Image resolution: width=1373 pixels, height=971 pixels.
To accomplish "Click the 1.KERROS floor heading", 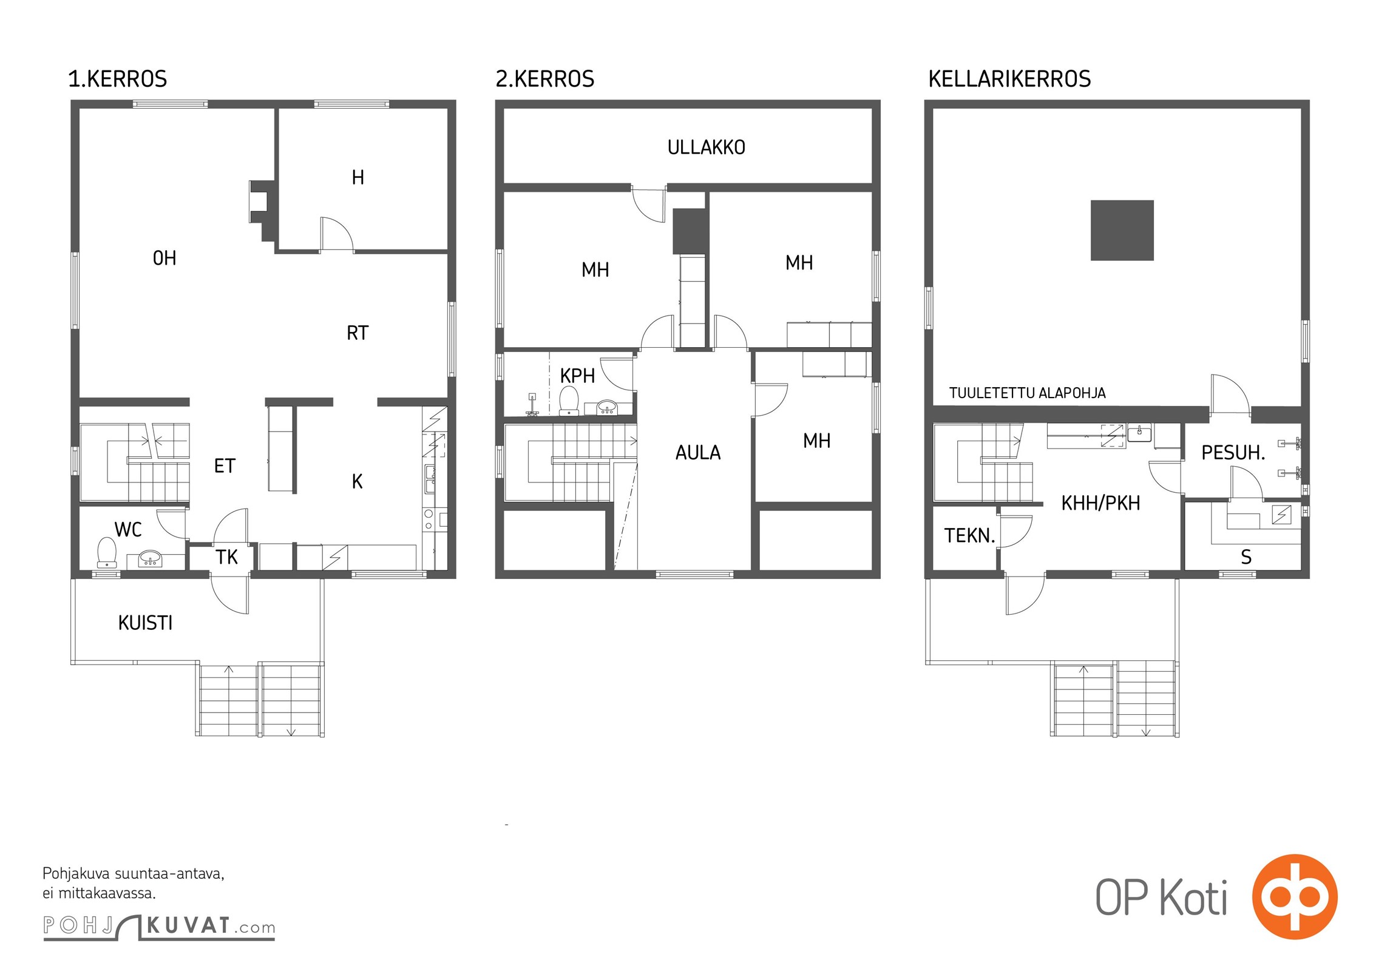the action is pyautogui.click(x=117, y=79).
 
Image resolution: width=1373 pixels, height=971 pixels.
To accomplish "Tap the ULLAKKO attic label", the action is pyautogui.click(x=706, y=147).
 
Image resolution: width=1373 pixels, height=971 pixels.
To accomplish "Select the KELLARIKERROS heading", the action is pyautogui.click(x=1009, y=79).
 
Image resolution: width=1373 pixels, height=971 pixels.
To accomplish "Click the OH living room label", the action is pyautogui.click(x=164, y=259).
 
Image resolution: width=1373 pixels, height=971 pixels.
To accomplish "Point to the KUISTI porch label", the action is pyautogui.click(x=146, y=623).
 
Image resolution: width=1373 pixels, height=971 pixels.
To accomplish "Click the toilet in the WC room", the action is pyautogui.click(x=107, y=552).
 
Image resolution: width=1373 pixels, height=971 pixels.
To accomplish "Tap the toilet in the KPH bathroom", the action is pyautogui.click(x=569, y=401).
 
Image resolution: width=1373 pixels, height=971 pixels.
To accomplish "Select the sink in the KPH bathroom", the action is pyautogui.click(x=607, y=407).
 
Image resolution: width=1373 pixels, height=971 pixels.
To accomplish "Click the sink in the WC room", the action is pyautogui.click(x=150, y=558).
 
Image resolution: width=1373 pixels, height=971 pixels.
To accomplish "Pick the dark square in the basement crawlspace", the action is pyautogui.click(x=1122, y=231).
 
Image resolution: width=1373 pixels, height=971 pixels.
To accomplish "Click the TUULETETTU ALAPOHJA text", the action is pyautogui.click(x=1028, y=393).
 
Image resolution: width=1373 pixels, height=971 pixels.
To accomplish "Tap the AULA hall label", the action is pyautogui.click(x=698, y=453).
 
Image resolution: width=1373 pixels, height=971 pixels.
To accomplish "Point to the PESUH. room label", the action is pyautogui.click(x=1233, y=453).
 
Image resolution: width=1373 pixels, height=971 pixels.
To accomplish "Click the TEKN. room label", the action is pyautogui.click(x=969, y=536).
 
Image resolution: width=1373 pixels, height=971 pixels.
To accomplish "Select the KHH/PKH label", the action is pyautogui.click(x=1100, y=503).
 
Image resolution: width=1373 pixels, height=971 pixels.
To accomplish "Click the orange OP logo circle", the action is pyautogui.click(x=1295, y=897).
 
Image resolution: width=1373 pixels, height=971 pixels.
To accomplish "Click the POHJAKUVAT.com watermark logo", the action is pyautogui.click(x=159, y=927).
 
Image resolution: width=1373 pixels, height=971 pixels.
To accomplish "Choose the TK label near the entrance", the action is pyautogui.click(x=226, y=557).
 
